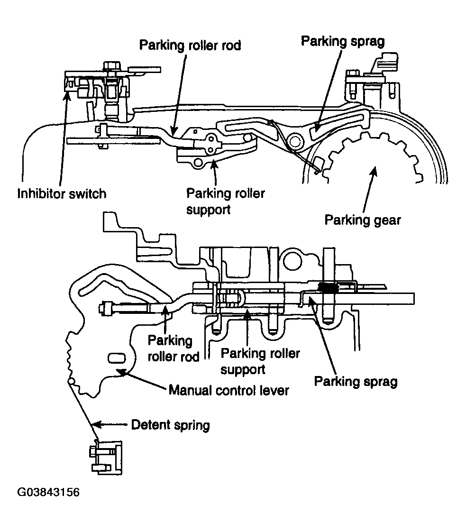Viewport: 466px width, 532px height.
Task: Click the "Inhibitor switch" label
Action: point(62,194)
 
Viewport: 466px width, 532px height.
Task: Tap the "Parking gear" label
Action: point(363,220)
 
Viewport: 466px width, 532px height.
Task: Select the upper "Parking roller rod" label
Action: point(190,45)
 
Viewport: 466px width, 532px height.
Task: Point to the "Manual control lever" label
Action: point(228,390)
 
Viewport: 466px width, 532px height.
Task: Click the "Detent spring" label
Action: point(170,425)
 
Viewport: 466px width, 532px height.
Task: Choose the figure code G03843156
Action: point(48,492)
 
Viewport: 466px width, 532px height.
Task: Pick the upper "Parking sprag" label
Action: point(343,41)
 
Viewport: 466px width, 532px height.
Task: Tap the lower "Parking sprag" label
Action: point(356,381)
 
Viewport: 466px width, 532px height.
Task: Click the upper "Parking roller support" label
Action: point(226,201)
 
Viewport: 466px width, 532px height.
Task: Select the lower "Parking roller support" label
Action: point(260,361)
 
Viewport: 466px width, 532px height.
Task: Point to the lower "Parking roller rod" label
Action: point(174,349)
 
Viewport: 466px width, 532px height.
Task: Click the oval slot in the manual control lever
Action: point(116,358)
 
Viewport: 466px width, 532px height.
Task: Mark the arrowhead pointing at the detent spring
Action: point(96,424)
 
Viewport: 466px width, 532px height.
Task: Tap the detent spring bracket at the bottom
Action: point(106,458)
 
